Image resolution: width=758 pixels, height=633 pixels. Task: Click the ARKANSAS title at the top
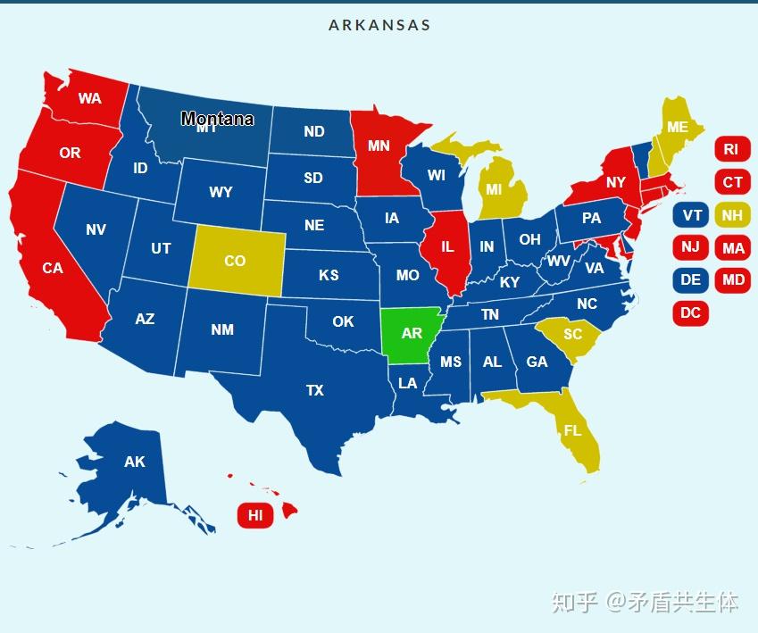(x=379, y=25)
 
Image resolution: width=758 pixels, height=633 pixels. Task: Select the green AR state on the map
(x=411, y=334)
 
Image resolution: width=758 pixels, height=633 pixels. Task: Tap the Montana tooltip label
(x=217, y=119)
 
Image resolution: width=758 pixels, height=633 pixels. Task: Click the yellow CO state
(x=235, y=261)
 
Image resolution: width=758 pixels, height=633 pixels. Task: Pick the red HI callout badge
(x=255, y=515)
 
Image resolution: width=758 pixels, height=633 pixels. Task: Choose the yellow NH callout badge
(x=732, y=215)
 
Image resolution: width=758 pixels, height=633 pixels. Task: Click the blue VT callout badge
(x=691, y=215)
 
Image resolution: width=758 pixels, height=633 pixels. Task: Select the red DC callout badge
(x=690, y=312)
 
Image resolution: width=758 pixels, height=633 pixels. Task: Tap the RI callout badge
(x=732, y=149)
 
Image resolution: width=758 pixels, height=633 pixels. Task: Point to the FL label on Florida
(x=572, y=430)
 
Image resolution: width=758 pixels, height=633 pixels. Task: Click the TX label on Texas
(x=314, y=390)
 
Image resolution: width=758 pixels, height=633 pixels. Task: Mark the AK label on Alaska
(x=134, y=462)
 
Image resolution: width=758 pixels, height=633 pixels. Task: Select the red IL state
(x=447, y=247)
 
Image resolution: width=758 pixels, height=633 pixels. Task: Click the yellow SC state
(x=572, y=334)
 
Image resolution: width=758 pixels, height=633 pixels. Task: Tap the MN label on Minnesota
(x=379, y=146)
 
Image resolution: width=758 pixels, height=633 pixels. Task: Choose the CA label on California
(x=53, y=267)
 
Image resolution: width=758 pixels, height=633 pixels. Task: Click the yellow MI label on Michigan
(x=494, y=189)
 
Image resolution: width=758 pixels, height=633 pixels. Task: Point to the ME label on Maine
(x=678, y=127)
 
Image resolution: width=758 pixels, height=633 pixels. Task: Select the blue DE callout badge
(x=691, y=279)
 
